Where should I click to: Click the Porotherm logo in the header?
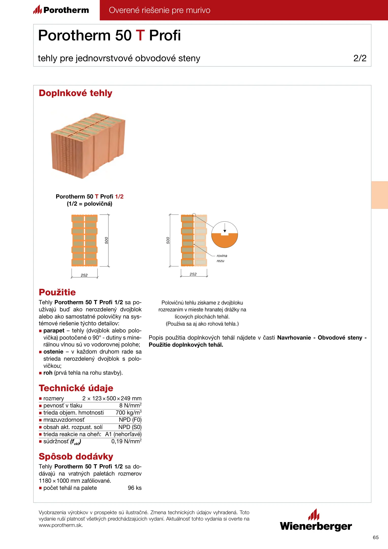pos(61,10)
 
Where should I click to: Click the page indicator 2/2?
pos(360,58)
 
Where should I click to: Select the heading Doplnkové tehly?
pos(75,93)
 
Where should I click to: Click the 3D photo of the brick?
pos(88,145)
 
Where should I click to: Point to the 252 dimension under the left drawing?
pos(84,275)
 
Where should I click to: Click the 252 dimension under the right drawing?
pos(193,274)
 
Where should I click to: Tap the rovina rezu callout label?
pos(222,258)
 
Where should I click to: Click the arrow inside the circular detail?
pos(225,228)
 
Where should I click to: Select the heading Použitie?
pos(57,292)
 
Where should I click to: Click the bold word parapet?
pos(54,331)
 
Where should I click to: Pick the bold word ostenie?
pos(53,352)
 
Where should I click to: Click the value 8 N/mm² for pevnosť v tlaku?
pos(130,405)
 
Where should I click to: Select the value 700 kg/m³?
pos(129,413)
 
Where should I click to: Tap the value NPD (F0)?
pos(130,420)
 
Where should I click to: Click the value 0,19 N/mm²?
pos(126,441)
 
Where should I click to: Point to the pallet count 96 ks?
pos(135,488)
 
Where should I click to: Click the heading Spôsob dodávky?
pos(76,456)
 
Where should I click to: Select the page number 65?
pos(376,537)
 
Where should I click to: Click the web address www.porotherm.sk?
pos(61,525)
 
